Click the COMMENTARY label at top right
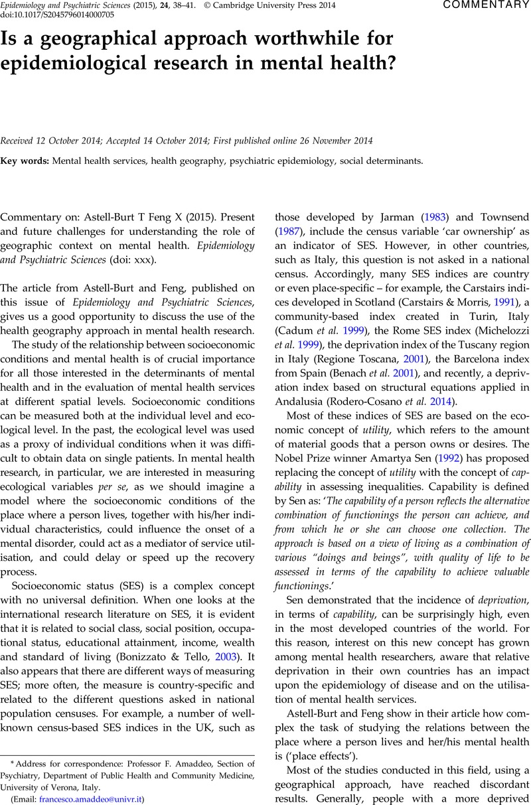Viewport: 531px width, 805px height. point(486,5)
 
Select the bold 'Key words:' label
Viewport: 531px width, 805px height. point(25,161)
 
